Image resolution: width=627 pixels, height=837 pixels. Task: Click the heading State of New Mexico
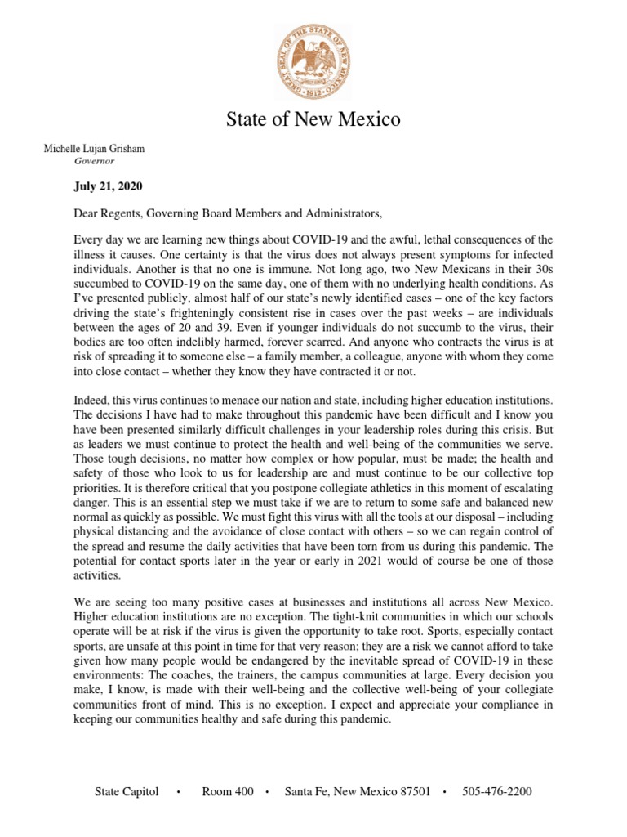(x=313, y=120)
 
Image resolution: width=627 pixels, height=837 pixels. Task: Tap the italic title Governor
(x=95, y=161)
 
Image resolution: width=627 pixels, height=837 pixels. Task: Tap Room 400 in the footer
(x=227, y=792)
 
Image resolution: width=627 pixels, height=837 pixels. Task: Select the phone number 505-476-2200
(x=497, y=792)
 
